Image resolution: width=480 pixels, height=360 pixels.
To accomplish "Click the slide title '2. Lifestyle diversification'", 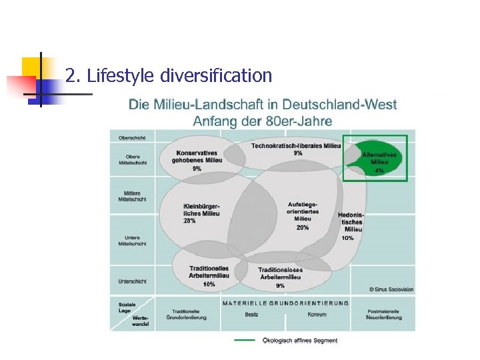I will tap(169, 75).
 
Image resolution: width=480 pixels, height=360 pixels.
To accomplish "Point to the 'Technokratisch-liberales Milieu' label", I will tap(296, 146).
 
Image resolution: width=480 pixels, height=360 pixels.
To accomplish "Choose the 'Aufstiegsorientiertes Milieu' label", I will tap(302, 211).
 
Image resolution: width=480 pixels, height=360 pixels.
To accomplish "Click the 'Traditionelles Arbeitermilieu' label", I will tap(209, 271).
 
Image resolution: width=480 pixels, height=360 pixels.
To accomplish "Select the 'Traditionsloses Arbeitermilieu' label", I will tap(280, 273).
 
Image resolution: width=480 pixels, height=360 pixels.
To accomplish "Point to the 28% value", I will tap(189, 221).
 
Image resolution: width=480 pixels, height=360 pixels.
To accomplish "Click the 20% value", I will tap(302, 227).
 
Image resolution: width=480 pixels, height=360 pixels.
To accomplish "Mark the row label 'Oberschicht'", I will tap(132, 138).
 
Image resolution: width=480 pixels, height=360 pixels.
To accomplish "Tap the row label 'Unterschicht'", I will tap(132, 281).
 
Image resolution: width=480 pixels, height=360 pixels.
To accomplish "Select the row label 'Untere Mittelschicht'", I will tap(132, 241).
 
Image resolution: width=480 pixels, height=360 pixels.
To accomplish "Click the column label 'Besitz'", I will tap(251, 314).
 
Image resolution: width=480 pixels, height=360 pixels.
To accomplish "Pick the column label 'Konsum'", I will tap(317, 314).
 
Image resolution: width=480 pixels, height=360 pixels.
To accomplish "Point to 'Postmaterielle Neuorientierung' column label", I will tap(384, 314).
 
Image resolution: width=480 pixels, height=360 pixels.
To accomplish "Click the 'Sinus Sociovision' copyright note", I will tap(391, 289).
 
